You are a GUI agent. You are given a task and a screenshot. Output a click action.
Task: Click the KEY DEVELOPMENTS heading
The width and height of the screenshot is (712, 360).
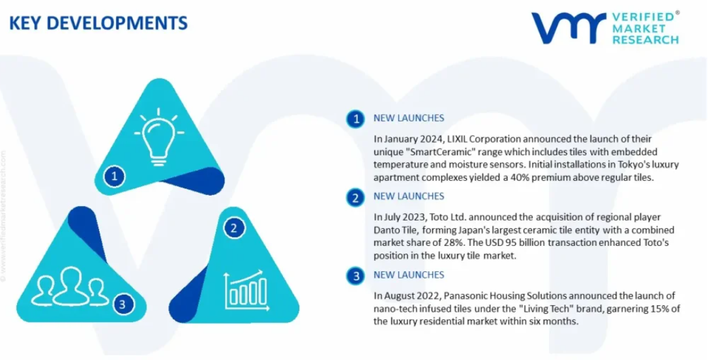click(98, 23)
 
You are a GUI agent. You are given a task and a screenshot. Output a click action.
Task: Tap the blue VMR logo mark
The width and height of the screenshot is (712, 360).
click(569, 28)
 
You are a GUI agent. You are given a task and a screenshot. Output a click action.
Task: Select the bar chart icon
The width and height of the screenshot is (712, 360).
click(246, 290)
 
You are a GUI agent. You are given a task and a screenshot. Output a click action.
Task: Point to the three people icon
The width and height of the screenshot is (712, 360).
click(70, 286)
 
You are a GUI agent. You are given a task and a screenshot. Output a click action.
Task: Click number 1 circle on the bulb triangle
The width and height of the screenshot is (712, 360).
click(114, 175)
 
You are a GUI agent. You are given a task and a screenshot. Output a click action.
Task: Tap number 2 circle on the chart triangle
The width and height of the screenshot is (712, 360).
click(234, 228)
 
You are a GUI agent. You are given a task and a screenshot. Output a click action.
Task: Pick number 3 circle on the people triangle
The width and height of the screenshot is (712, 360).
click(122, 304)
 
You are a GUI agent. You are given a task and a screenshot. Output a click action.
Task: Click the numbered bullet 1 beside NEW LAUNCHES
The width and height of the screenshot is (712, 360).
click(355, 119)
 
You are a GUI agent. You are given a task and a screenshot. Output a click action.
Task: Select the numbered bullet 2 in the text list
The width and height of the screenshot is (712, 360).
click(355, 198)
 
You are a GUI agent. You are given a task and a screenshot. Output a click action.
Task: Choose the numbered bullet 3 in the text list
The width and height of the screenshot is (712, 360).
click(355, 276)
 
